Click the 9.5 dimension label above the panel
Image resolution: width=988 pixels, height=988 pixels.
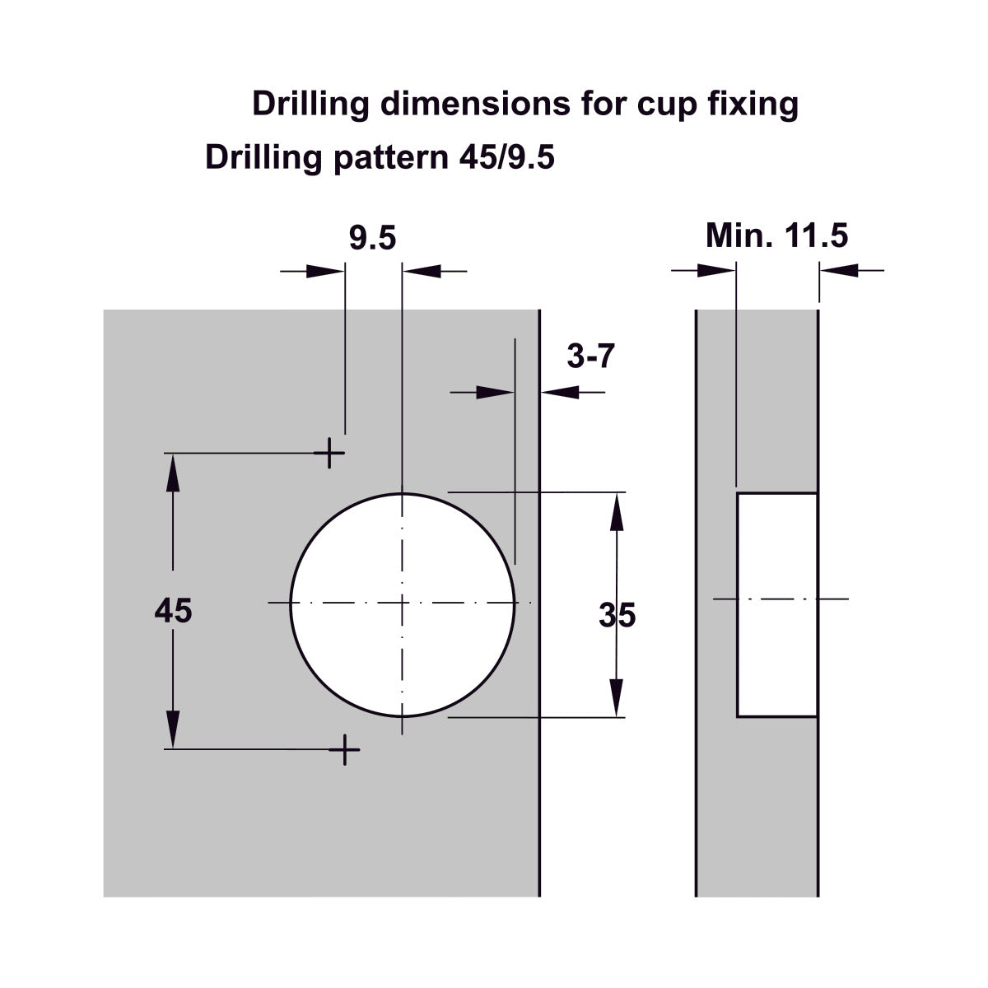tap(373, 239)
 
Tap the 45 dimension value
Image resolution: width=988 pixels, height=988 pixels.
tap(173, 611)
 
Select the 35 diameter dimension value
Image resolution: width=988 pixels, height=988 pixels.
tap(617, 615)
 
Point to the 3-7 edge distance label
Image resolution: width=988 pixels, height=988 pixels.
tap(590, 356)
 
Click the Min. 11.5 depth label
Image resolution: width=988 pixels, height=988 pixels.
tap(776, 235)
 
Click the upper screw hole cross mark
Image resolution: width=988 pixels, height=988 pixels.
tap(329, 453)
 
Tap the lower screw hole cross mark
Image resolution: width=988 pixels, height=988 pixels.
tap(344, 749)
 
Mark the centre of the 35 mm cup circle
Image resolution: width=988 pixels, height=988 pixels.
tap(402, 604)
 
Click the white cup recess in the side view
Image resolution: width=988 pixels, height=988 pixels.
tap(776, 605)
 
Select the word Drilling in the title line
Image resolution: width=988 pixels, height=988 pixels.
tap(310, 104)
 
